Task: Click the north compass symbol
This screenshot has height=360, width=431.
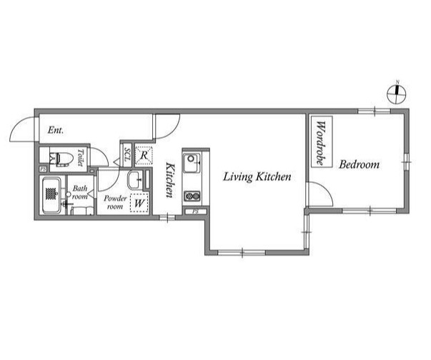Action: [397, 94]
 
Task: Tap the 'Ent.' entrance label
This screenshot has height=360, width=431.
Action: [56, 130]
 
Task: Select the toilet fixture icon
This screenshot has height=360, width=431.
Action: [61, 159]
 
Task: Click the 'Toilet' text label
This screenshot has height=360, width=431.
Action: [80, 157]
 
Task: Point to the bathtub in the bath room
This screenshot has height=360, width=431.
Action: [51, 195]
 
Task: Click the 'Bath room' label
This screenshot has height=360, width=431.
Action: [80, 192]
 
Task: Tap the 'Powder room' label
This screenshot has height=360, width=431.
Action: [115, 202]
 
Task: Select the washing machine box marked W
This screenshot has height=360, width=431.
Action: [139, 202]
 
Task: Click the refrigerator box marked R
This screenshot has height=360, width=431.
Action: [144, 156]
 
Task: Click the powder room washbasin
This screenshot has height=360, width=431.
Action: [135, 180]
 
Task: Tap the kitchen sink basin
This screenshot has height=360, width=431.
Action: [192, 163]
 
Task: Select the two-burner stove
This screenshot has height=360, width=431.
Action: [192, 196]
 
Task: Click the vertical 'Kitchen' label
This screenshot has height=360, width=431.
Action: [170, 180]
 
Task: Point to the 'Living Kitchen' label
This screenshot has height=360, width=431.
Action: [257, 176]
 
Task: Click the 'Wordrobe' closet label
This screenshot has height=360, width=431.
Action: [320, 143]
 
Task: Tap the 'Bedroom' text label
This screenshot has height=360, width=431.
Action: [359, 164]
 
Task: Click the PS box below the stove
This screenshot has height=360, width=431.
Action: [195, 211]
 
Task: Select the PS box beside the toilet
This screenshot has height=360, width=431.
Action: [43, 169]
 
